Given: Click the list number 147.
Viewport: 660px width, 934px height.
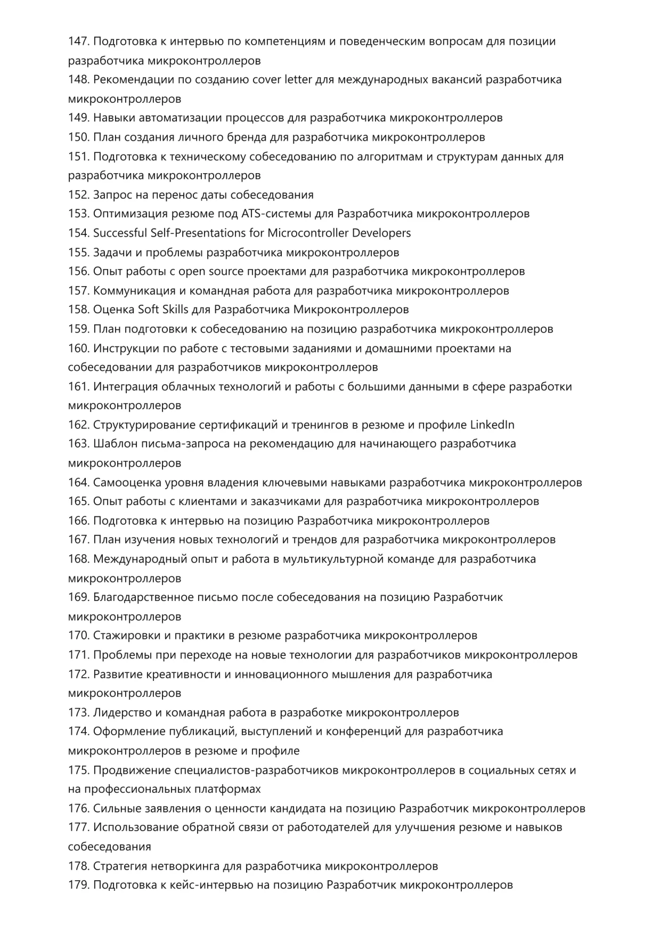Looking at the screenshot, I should [78, 42].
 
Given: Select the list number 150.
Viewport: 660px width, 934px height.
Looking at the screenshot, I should [78, 137].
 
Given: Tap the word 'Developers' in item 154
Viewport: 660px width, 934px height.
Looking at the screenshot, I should [381, 233].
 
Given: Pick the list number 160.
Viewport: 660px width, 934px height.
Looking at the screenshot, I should [78, 348].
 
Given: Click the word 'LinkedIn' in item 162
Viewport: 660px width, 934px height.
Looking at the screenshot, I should [492, 425].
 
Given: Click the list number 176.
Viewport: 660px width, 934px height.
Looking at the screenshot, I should [78, 809].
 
